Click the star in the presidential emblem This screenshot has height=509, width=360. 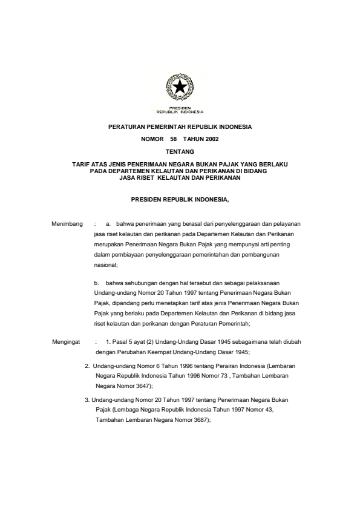[x=180, y=88]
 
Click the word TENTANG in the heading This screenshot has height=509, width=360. [x=180, y=151]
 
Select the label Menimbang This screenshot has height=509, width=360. [x=67, y=224]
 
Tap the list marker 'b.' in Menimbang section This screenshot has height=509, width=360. [x=96, y=283]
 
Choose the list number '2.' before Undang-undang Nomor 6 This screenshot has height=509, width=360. [x=87, y=366]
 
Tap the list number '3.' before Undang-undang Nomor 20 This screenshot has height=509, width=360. [x=87, y=399]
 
